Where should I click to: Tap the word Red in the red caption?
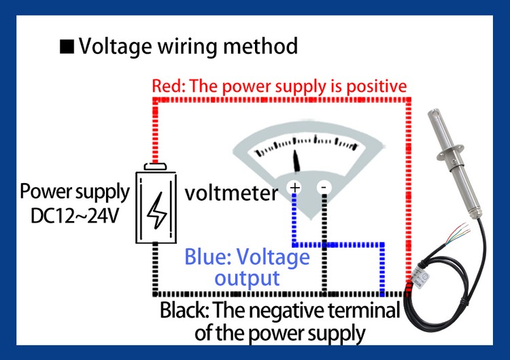pyautogui.click(x=165, y=87)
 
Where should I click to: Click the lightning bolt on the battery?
pyautogui.click(x=158, y=206)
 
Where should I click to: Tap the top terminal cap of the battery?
pyautogui.click(x=158, y=165)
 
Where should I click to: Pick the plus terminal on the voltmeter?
pyautogui.click(x=295, y=186)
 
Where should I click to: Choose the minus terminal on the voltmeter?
pyautogui.click(x=324, y=186)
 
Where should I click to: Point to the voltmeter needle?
pyautogui.click(x=297, y=161)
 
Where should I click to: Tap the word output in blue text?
pyautogui.click(x=246, y=278)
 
